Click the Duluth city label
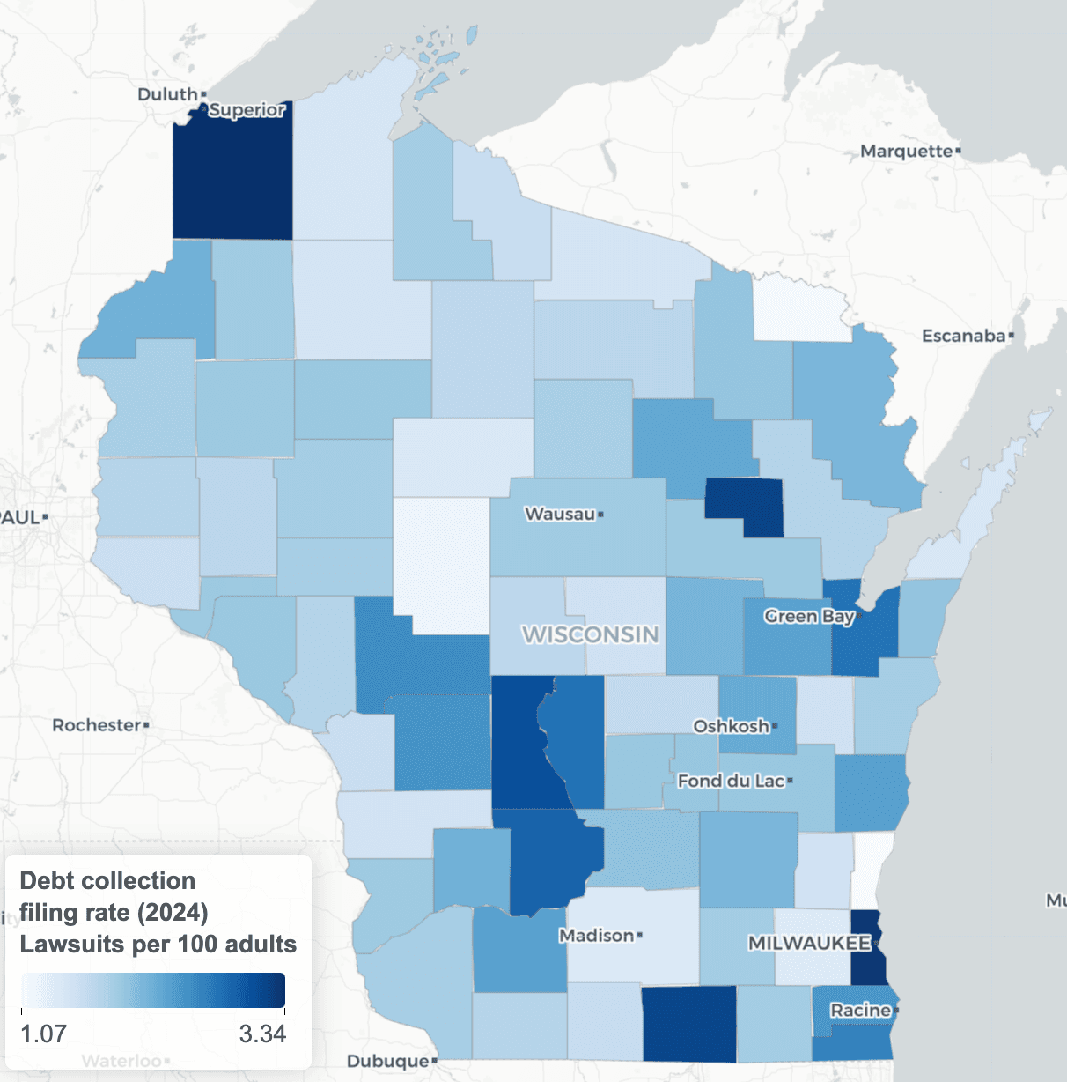(x=167, y=94)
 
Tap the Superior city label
(x=247, y=110)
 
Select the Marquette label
(x=906, y=152)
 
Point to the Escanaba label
(x=963, y=336)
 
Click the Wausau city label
(x=560, y=514)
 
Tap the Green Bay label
(x=809, y=616)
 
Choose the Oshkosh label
(x=731, y=726)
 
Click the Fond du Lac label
(x=731, y=781)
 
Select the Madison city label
(x=596, y=935)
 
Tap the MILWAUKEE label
(x=809, y=943)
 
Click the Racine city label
(x=860, y=1010)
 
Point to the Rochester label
(x=96, y=725)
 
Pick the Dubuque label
(x=387, y=1061)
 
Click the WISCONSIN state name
(x=590, y=634)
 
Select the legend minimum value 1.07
(x=43, y=1034)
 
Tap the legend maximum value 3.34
(x=262, y=1034)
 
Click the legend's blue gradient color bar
(x=153, y=989)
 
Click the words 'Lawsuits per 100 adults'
(x=158, y=945)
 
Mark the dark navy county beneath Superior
(x=232, y=176)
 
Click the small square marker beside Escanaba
(x=1012, y=336)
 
